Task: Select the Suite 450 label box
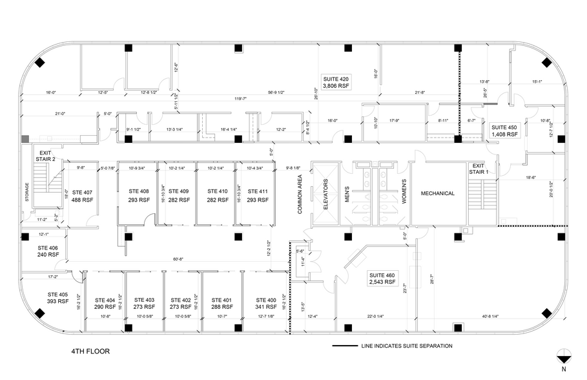pos(504,131)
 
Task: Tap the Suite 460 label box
pos(382,278)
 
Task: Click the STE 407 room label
pos(83,196)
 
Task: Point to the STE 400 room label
pos(266,304)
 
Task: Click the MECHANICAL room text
pos(438,193)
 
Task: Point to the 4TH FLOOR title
pos(90,352)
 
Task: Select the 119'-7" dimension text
pos(242,99)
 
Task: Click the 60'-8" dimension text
pos(178,259)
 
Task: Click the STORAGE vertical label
pos(27,193)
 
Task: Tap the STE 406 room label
pos(48,251)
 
